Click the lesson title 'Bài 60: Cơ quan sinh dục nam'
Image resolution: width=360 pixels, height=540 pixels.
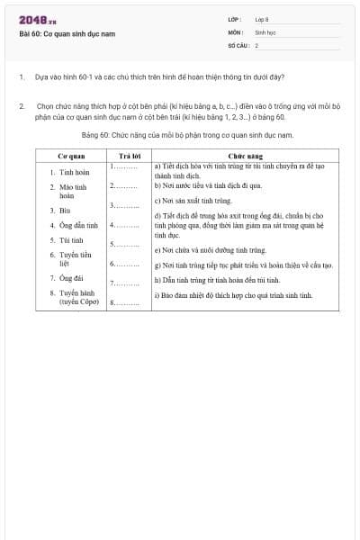pyautogui.click(x=67, y=34)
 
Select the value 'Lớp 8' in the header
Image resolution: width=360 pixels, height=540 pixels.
pyautogui.click(x=262, y=18)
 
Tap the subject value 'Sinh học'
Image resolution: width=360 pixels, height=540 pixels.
pyautogui.click(x=264, y=31)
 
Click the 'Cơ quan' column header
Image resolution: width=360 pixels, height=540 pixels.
pyautogui.click(x=71, y=156)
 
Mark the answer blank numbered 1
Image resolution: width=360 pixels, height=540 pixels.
pyautogui.click(x=124, y=167)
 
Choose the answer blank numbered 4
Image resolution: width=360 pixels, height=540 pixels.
pyautogui.click(x=124, y=224)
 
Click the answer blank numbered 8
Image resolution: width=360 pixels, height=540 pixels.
pyautogui.click(x=124, y=303)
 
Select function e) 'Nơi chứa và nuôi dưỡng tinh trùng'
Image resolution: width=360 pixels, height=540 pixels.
pyautogui.click(x=211, y=249)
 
